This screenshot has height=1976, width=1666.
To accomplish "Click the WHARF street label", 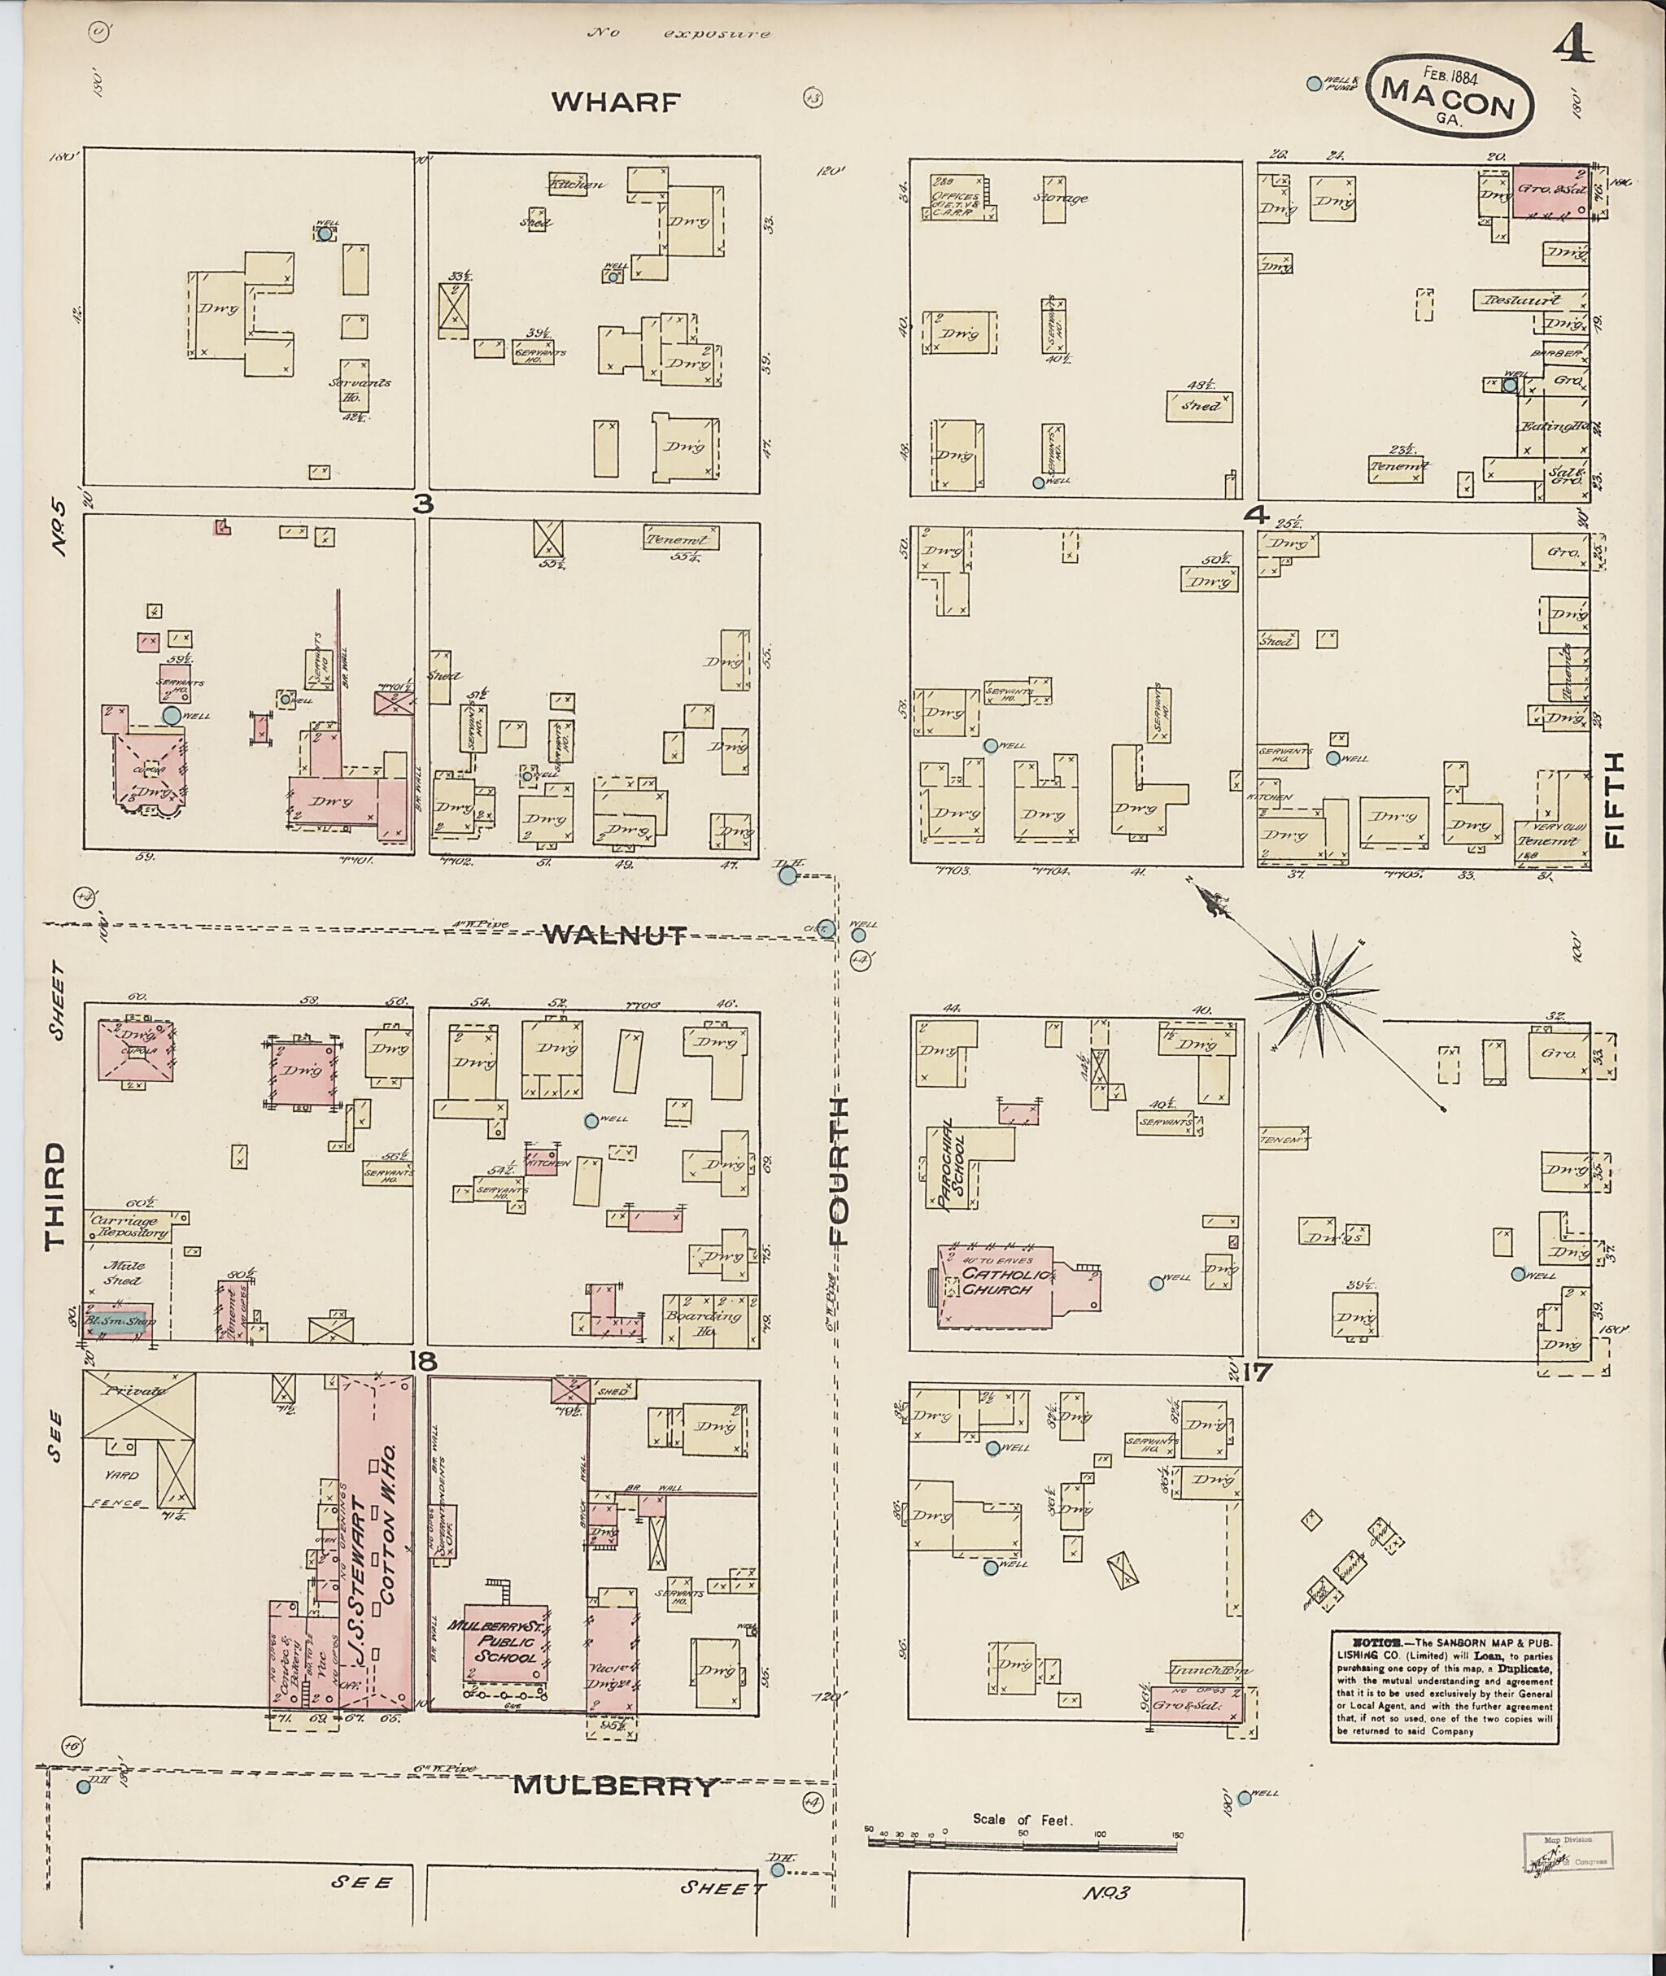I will pyautogui.click(x=615, y=102).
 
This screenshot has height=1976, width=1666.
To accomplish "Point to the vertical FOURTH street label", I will pyautogui.click(x=840, y=1171).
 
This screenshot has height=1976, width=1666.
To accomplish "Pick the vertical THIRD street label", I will pyautogui.click(x=55, y=1196).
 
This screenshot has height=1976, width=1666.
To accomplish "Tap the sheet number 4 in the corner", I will pyautogui.click(x=1573, y=45).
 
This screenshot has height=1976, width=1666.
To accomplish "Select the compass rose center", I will pyautogui.click(x=1316, y=996).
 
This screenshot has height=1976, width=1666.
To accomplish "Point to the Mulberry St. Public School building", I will pyautogui.click(x=505, y=1644).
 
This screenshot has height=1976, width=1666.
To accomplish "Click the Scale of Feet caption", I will pyautogui.click(x=1025, y=1818).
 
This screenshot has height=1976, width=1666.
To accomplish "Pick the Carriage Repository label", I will pyautogui.click(x=129, y=1227).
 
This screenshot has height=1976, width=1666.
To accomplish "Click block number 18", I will pyautogui.click(x=422, y=1360).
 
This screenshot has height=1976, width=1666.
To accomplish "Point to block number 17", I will pyautogui.click(x=1258, y=1371).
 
